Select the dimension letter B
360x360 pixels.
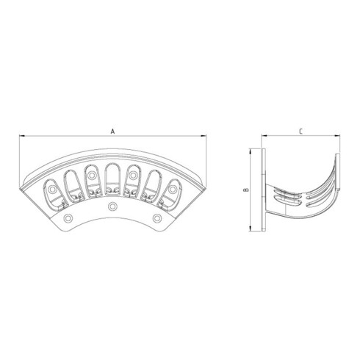[x=248, y=190]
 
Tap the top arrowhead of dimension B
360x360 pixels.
[x=252, y=152]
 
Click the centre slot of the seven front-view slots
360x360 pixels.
[x=112, y=179]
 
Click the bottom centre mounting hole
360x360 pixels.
[x=112, y=208]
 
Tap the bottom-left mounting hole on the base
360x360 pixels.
[x=68, y=220]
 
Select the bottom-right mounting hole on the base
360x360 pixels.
[x=156, y=220]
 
